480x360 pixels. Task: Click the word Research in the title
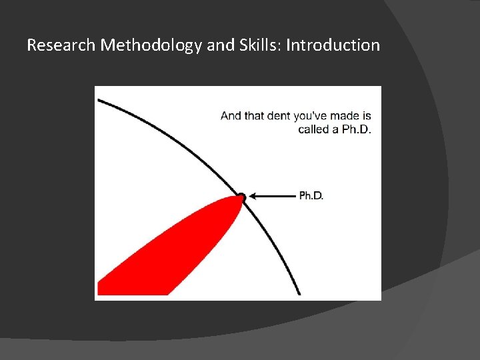tap(61, 45)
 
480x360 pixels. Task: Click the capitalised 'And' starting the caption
tap(231, 116)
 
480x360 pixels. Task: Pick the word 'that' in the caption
tap(255, 116)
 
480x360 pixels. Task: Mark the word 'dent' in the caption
tap(279, 116)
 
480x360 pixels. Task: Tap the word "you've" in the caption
tap(311, 116)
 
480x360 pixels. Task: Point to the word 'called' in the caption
tap(313, 129)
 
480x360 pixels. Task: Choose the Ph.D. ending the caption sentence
tap(357, 129)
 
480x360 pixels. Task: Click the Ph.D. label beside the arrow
tap(311, 196)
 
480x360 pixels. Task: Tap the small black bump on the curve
tap(241, 197)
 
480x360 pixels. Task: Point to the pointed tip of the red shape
tap(236, 198)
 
